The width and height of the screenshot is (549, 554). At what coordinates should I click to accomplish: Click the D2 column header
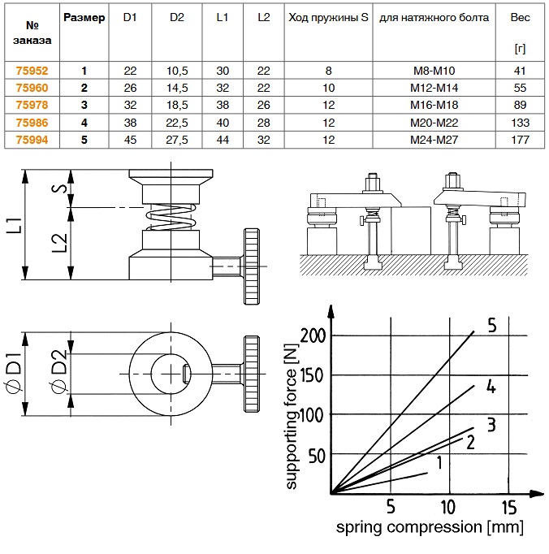point(178,17)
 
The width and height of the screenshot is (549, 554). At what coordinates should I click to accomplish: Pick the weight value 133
point(521,123)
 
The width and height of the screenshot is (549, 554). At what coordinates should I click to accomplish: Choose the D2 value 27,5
point(178,140)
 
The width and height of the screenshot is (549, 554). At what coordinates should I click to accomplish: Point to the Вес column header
point(521,18)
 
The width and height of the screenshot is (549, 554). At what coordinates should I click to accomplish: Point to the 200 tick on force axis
point(313,335)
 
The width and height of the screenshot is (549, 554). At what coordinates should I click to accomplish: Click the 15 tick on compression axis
point(509,509)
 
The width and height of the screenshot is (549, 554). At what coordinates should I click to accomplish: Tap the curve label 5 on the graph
point(491,326)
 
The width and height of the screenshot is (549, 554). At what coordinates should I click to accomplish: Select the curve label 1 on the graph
point(439,464)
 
